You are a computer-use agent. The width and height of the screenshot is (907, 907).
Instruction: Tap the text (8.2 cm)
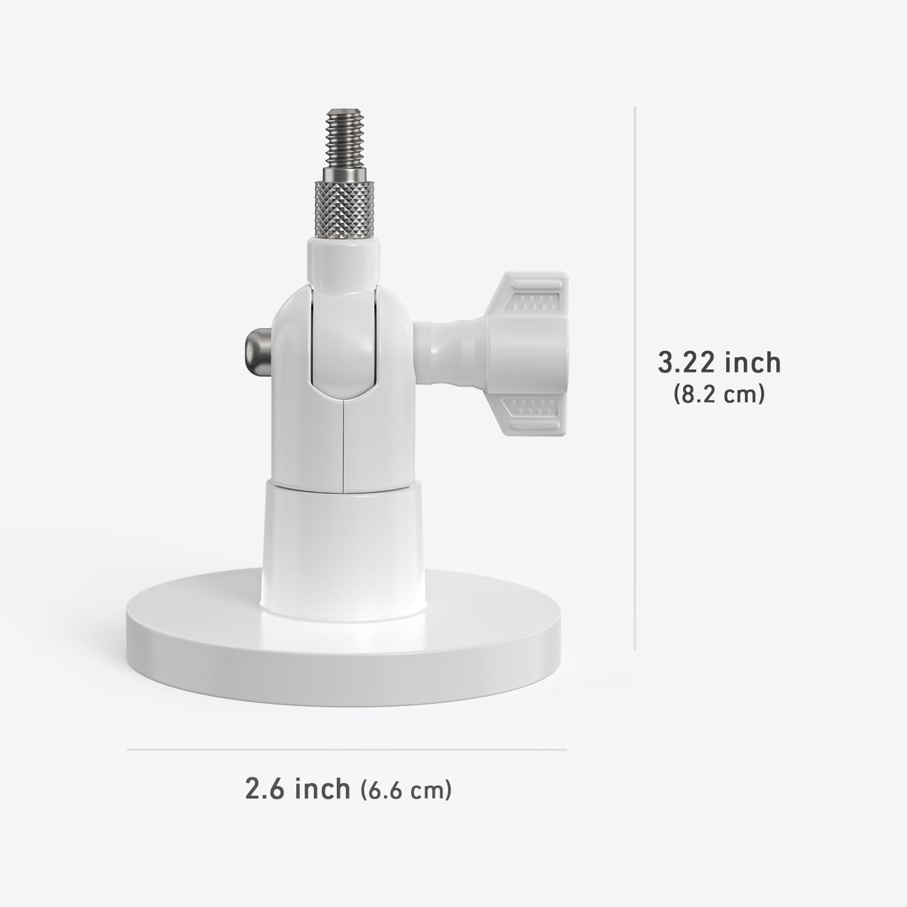pyautogui.click(x=719, y=395)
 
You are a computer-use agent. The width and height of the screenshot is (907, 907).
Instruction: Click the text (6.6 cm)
pyautogui.click(x=406, y=790)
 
